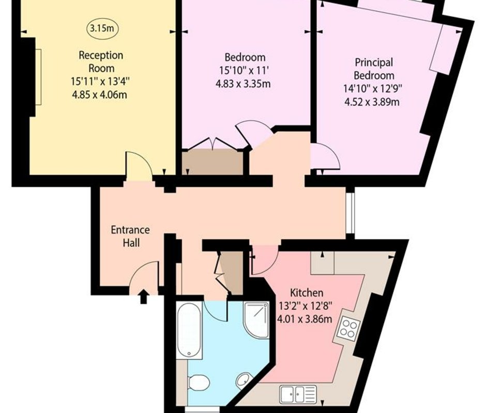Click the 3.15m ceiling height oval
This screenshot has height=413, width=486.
click(102, 28)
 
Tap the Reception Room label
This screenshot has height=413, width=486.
click(101, 61)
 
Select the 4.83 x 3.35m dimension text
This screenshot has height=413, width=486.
click(243, 84)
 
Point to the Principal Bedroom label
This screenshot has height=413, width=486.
click(374, 69)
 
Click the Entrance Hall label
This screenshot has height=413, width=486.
click(130, 236)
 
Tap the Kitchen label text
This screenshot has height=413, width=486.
click(307, 293)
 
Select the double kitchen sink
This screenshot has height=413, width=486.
click(298, 394)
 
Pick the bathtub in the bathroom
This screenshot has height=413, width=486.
click(189, 330)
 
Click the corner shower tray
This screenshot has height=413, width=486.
click(256, 320)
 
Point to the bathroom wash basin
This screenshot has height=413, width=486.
click(244, 380)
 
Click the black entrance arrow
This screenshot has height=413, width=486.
click(144, 296)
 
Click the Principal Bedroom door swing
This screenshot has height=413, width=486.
click(325, 156)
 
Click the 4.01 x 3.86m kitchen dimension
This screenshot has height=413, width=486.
click(305, 319)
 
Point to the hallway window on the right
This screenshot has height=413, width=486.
click(350, 213)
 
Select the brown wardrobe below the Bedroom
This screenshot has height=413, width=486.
click(212, 162)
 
